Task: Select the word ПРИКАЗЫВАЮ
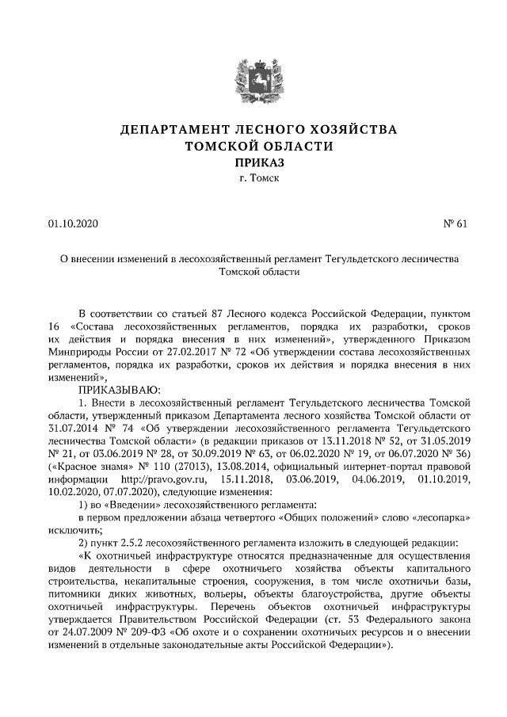(x=119, y=390)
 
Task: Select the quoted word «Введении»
(x=128, y=505)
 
